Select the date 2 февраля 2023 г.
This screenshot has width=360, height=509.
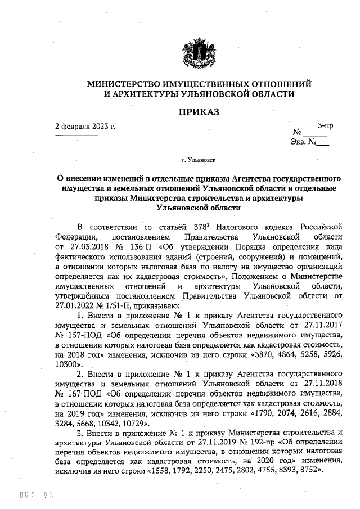(x=85, y=125)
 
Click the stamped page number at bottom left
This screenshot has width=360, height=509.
(x=37, y=496)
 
